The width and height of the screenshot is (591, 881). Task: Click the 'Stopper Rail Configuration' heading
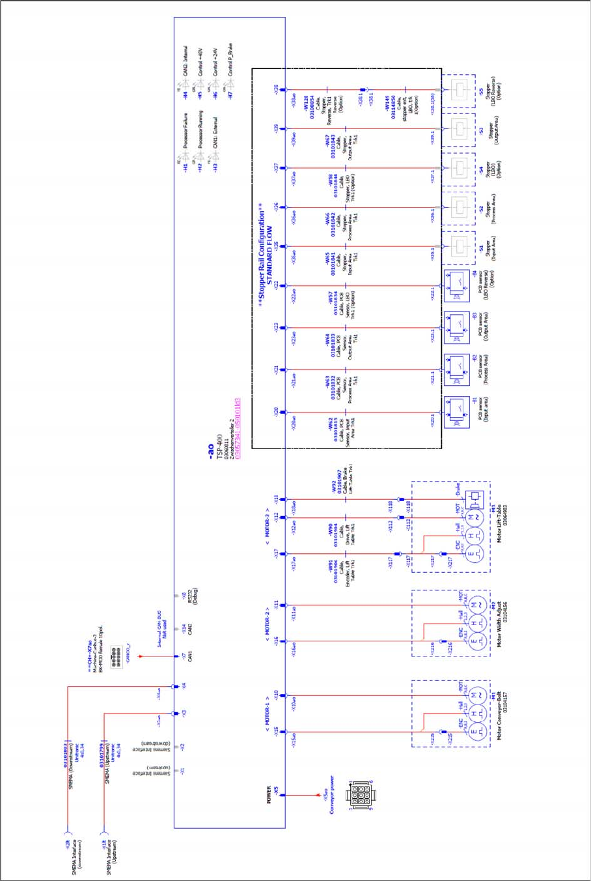click(x=262, y=257)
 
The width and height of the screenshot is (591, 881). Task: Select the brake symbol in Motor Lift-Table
click(x=476, y=498)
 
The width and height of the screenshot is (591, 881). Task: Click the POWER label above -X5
click(x=269, y=795)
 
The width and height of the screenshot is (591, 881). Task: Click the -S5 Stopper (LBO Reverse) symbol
click(x=461, y=90)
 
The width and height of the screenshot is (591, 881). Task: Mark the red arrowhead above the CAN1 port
click(x=140, y=657)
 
